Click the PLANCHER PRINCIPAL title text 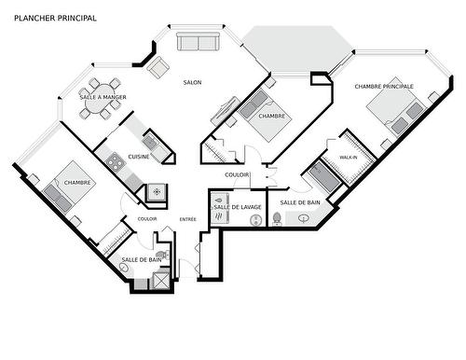(x=55, y=18)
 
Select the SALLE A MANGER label (x=103, y=97)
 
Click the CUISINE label (x=139, y=156)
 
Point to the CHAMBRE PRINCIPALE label (x=383, y=86)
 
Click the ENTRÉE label (x=188, y=219)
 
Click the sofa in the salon (x=198, y=42)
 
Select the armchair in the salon (x=158, y=67)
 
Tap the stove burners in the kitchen (x=116, y=162)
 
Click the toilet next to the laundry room (x=277, y=218)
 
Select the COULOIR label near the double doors (x=237, y=174)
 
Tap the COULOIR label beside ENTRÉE (x=146, y=219)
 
